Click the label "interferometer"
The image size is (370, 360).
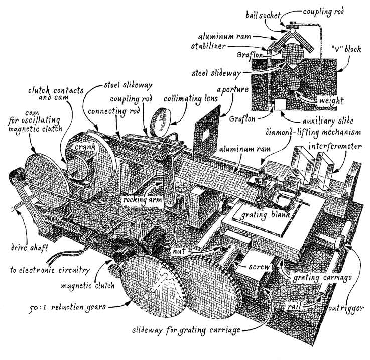(x=335, y=146)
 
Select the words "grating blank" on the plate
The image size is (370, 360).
(x=265, y=215)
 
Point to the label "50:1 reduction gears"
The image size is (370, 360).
(x=67, y=308)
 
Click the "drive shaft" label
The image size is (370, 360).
(x=30, y=248)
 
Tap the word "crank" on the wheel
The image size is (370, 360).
(x=85, y=147)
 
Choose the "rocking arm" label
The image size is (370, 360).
(x=142, y=200)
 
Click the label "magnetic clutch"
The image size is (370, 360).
(x=88, y=286)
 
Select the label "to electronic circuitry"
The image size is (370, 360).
(x=50, y=270)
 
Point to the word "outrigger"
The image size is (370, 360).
(x=346, y=308)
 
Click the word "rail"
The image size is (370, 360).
(x=294, y=306)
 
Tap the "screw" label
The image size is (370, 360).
(x=259, y=267)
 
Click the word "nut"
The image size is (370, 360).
(x=179, y=251)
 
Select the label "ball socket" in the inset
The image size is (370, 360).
(x=263, y=16)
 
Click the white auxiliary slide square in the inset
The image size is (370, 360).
(x=280, y=104)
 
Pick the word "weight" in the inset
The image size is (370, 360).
(x=331, y=101)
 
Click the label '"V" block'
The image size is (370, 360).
(x=346, y=49)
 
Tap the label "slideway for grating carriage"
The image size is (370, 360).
(x=186, y=330)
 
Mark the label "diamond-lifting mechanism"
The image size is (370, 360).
(x=313, y=132)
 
